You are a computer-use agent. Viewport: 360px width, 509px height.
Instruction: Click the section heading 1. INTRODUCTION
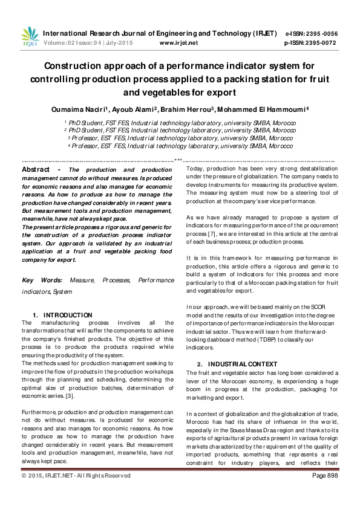[x=62, y=315]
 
